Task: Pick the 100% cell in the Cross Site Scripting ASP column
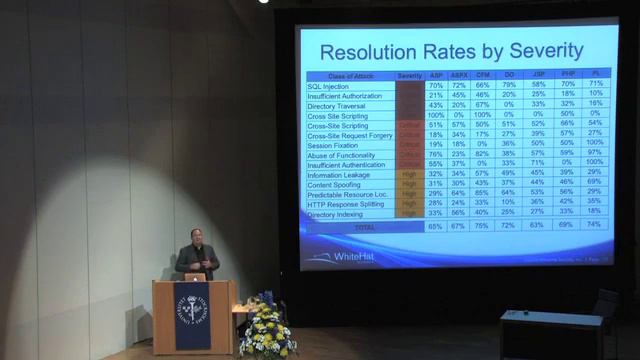436,115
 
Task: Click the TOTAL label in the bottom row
365,227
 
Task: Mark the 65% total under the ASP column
436,227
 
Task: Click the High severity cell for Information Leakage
408,173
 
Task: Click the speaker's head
195,238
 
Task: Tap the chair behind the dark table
605,304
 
